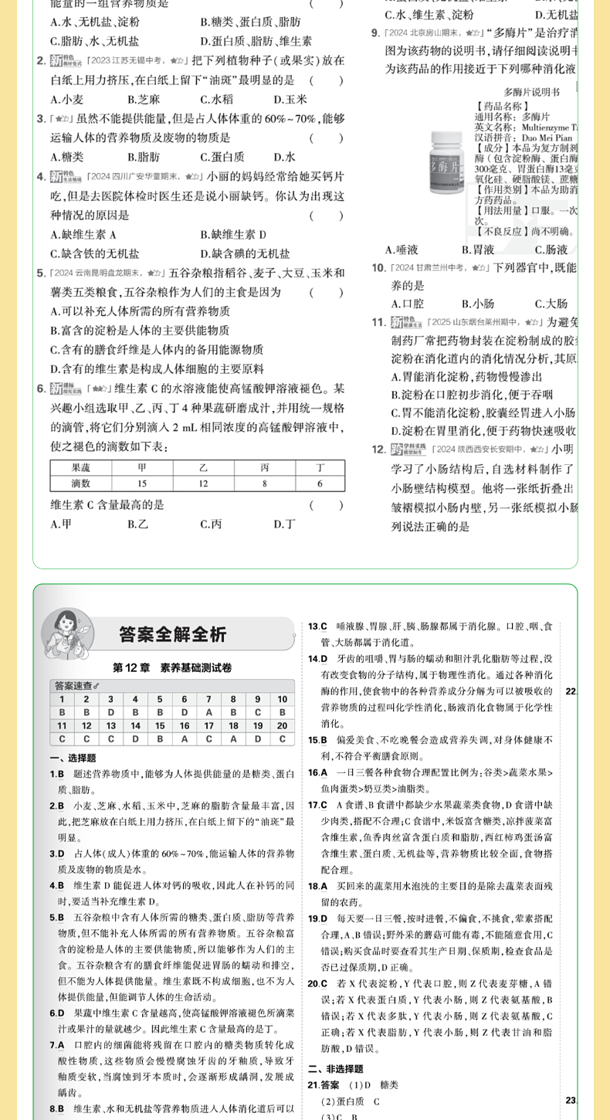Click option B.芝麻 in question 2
click(x=144, y=99)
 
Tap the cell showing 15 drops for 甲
click(x=142, y=483)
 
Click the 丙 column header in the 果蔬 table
click(x=265, y=467)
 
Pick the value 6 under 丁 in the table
click(x=320, y=483)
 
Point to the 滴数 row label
click(x=81, y=483)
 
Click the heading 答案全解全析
click(x=173, y=634)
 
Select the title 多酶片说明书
click(x=531, y=92)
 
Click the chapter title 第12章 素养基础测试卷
click(x=172, y=667)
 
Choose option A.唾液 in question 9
click(x=402, y=249)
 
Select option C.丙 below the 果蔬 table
click(x=211, y=524)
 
